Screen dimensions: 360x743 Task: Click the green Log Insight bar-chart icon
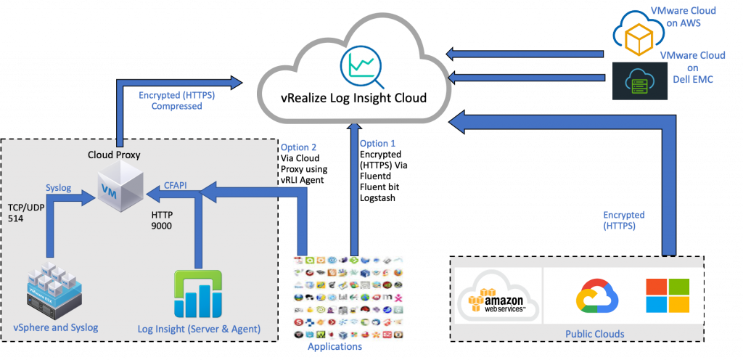tap(198, 295)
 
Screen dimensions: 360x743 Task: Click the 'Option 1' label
tap(378, 144)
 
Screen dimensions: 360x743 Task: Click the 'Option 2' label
tap(298, 147)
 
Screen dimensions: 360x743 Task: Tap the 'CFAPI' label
tap(174, 186)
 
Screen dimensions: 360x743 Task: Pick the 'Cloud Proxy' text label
tap(114, 155)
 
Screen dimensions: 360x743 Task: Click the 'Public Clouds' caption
tap(594, 334)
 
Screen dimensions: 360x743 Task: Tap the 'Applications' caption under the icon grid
tap(334, 348)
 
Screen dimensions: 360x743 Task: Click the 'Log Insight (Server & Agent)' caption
tap(198, 330)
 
